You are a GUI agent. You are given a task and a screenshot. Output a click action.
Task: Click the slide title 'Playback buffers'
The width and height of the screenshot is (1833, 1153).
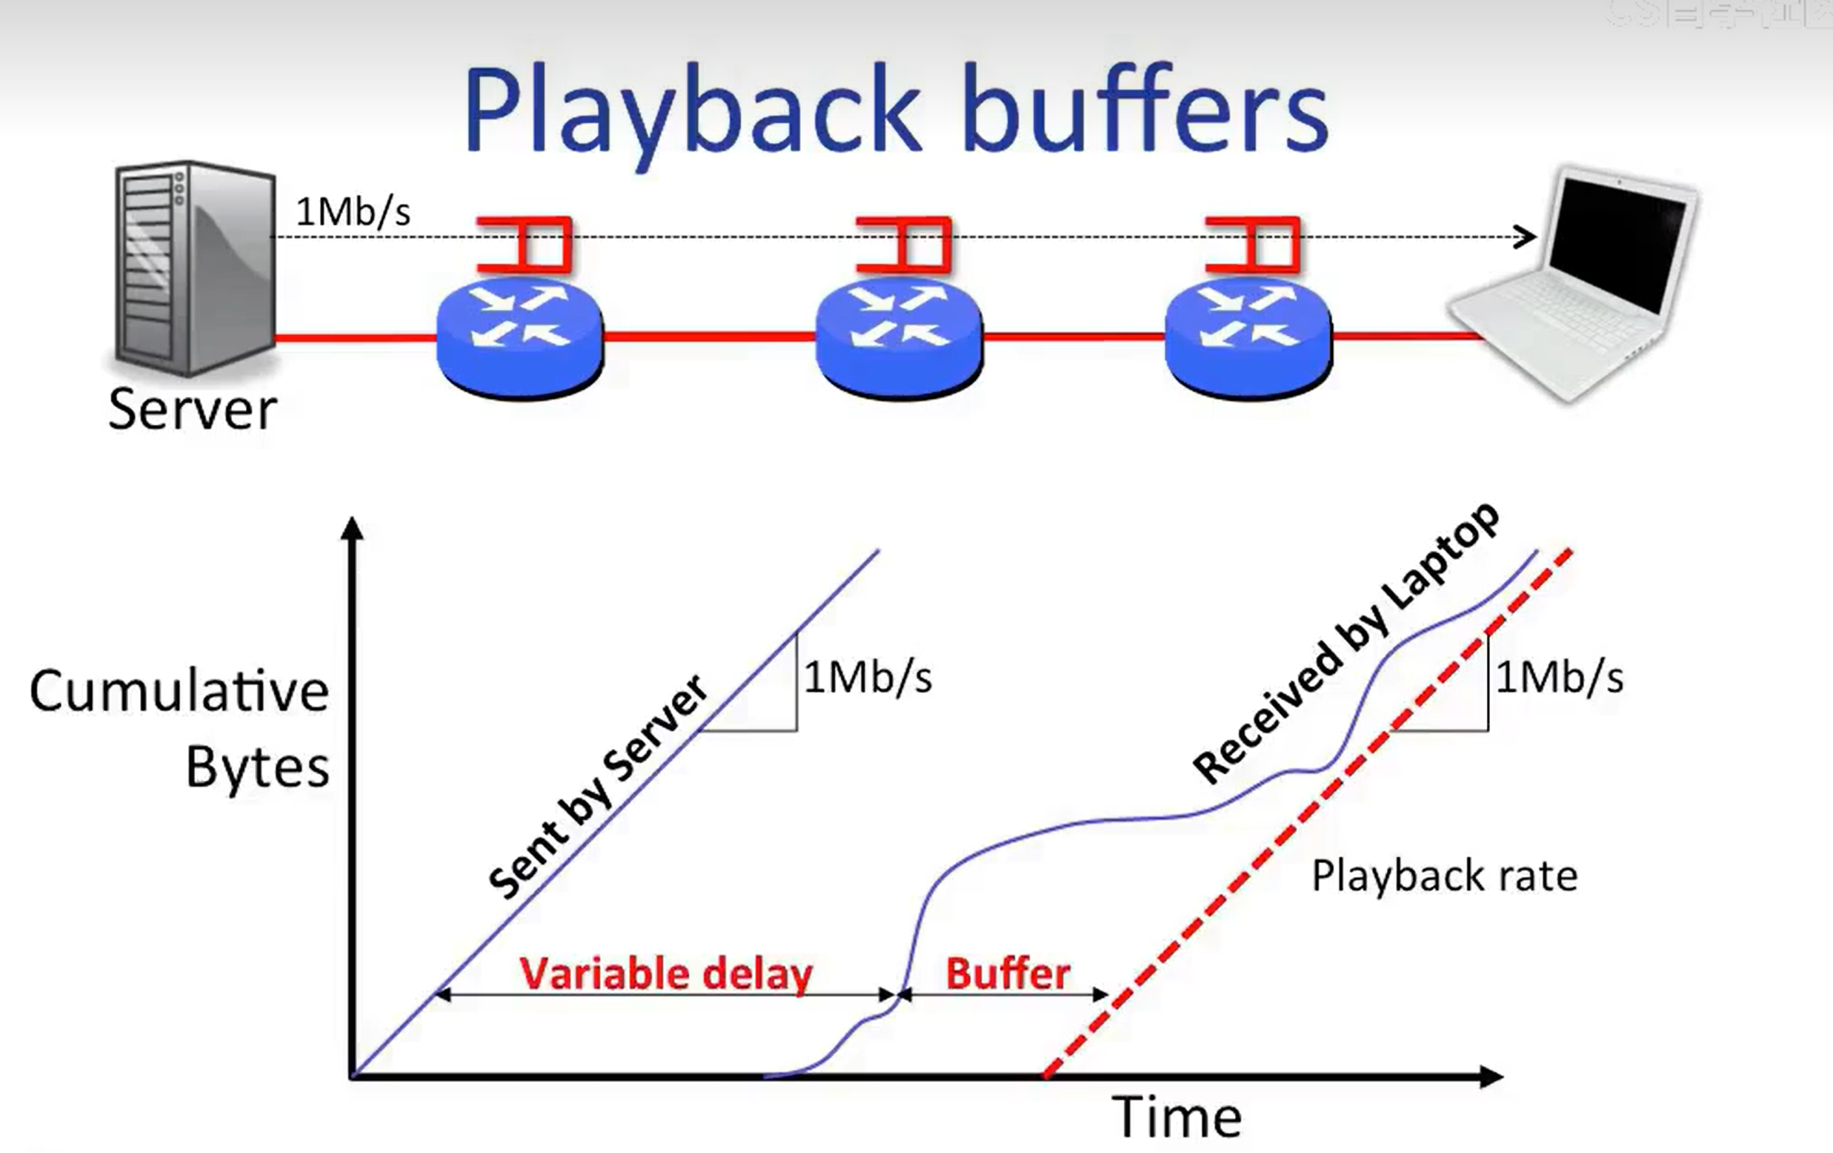pos(896,110)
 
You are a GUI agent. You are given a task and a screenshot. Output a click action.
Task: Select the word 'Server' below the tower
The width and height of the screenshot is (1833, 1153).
pos(193,410)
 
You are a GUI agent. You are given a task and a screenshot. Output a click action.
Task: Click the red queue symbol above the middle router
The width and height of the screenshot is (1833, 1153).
pos(905,245)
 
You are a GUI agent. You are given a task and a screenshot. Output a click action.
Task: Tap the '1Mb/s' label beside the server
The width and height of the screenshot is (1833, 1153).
pos(353,212)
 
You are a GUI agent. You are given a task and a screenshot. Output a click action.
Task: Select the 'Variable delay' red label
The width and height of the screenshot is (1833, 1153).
pos(666,974)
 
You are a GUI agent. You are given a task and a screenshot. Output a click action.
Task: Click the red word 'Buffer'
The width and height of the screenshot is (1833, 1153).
pos(1008,974)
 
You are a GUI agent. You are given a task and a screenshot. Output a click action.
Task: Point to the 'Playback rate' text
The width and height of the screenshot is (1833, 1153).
pos(1444,876)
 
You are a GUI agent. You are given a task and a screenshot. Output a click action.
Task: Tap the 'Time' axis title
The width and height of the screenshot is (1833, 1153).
pos(1177,1118)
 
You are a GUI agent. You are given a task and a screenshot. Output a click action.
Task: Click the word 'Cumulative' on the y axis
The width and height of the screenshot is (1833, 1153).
pos(179,692)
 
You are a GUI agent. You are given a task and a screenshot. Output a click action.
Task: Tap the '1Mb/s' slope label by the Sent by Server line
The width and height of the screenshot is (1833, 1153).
pos(868,678)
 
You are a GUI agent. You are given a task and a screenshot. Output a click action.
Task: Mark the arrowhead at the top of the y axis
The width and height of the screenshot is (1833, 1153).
pos(353,528)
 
